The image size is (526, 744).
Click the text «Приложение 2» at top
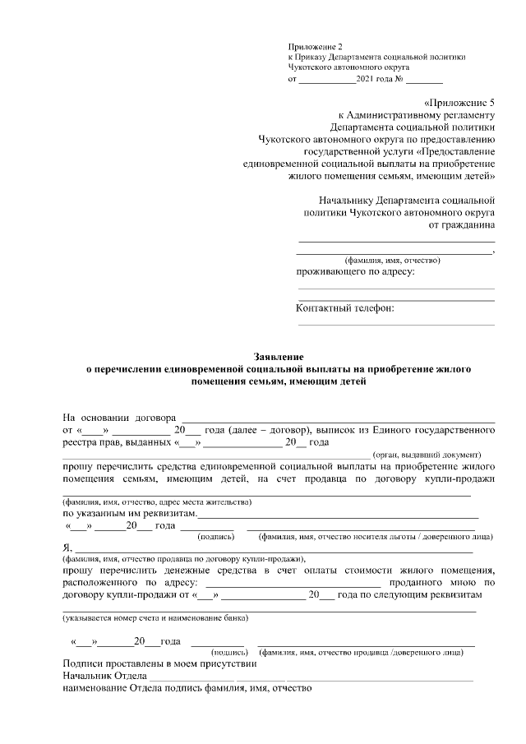coord(313,45)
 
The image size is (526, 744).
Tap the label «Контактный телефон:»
coord(344,308)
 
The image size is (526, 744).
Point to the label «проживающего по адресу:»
coord(355,271)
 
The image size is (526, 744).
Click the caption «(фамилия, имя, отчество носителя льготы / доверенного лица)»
coord(376,537)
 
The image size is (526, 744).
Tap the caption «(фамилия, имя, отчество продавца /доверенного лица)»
coord(361,652)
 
